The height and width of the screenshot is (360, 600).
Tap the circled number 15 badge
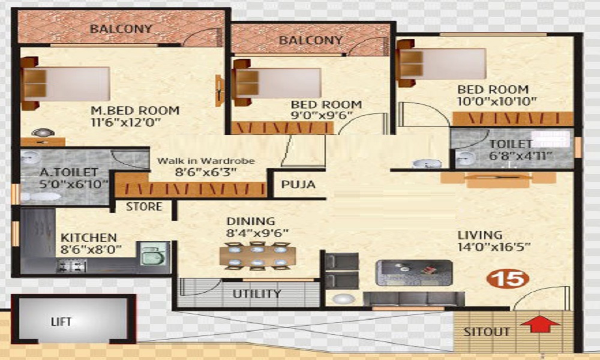tap(508, 278)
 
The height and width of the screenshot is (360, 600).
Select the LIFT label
tap(61, 322)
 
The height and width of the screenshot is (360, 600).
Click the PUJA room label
tap(298, 184)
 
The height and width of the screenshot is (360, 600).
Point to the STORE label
tap(144, 206)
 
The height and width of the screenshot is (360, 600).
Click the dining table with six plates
tap(258, 256)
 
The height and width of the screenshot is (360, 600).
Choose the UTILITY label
tap(257, 294)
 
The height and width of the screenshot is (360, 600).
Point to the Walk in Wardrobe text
tap(206, 161)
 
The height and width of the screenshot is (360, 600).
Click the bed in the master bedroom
tap(66, 83)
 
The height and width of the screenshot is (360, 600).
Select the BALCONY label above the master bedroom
tap(121, 29)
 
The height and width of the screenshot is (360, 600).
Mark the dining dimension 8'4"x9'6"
tap(258, 233)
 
